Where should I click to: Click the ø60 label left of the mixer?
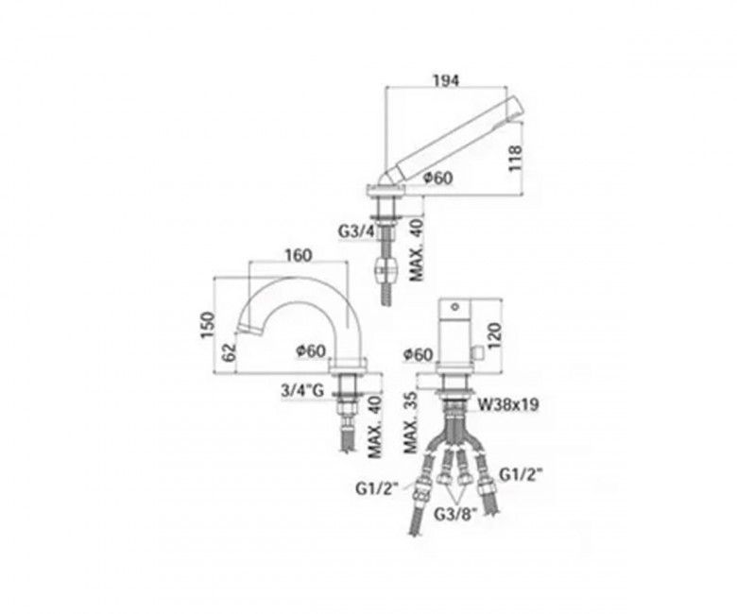coord(417,354)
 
